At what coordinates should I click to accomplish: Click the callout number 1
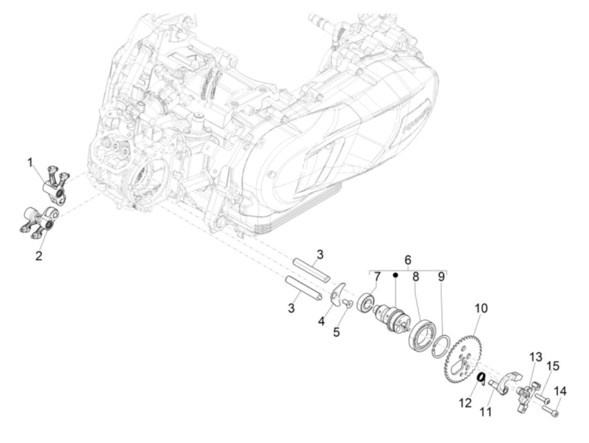[30, 162]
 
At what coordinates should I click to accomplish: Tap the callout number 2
[39, 256]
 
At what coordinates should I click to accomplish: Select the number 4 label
[321, 321]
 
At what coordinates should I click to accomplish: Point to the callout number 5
[336, 332]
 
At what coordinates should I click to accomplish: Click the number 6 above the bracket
[408, 260]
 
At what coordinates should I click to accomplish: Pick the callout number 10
[481, 308]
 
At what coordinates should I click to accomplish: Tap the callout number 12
[465, 403]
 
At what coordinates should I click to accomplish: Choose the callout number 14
[560, 392]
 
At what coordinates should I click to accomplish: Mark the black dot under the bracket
[395, 275]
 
